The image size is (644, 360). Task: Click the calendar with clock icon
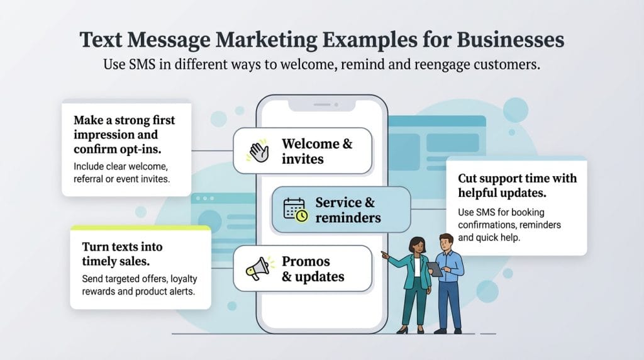pos(295,210)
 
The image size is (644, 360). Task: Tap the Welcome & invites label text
pos(317,151)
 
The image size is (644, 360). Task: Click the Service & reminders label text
pos(348,210)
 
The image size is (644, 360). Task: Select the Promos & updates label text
pos(313,269)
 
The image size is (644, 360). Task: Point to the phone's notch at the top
pos(321,105)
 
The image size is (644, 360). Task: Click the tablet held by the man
pos(435,269)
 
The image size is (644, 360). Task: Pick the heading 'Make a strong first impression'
pos(125,127)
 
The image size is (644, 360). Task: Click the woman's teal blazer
pos(416,277)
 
